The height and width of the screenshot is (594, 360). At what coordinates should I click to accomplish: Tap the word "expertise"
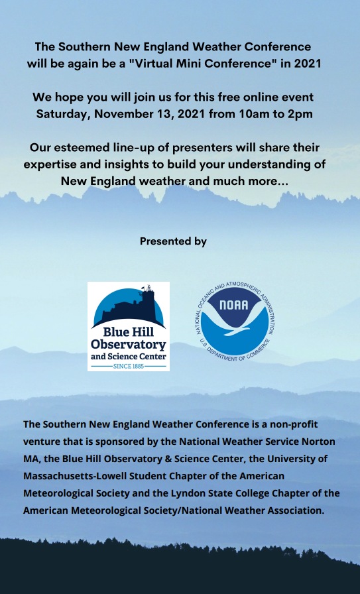(46, 165)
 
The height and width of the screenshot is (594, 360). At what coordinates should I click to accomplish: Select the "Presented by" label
(173, 241)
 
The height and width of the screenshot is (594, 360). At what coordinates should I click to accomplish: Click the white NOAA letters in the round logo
(234, 305)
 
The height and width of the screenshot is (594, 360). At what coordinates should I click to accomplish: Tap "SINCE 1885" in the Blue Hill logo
(129, 367)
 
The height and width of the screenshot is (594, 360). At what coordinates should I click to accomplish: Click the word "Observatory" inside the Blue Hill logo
(129, 345)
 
